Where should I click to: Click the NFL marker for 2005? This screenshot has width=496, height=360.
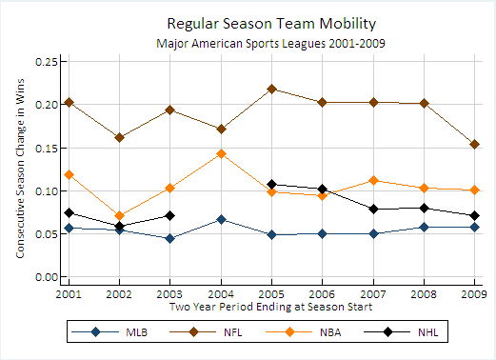point(271,89)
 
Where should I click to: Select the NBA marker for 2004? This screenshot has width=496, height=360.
point(221,154)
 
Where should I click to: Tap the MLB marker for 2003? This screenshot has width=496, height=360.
point(170,238)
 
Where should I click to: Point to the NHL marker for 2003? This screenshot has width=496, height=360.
point(170,216)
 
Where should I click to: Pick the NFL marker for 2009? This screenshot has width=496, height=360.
point(475,145)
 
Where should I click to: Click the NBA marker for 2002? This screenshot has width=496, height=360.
point(119,216)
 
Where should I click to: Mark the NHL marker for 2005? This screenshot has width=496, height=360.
point(271,184)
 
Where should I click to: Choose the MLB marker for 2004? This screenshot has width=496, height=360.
point(221,219)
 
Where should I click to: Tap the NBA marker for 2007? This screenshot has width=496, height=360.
point(373,181)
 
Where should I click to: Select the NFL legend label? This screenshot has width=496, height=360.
point(233,332)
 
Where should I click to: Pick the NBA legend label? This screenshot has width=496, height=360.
point(330,332)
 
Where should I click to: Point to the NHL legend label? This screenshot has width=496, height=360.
point(428,332)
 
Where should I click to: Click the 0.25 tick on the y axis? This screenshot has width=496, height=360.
point(47,62)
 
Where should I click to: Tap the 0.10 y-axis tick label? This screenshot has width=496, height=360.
point(47,191)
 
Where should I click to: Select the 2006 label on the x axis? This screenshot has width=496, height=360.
point(322,294)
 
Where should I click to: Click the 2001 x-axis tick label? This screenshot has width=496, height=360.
point(69,294)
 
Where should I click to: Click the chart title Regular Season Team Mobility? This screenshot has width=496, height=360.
point(271,24)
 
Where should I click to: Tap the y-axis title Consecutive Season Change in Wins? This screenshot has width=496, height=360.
point(20,169)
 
